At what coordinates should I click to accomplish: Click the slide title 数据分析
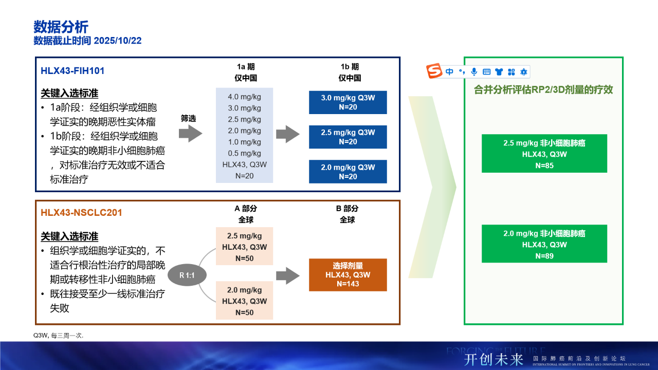[61, 27]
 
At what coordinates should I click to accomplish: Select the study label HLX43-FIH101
[72, 71]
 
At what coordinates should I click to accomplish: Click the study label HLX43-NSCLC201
[81, 213]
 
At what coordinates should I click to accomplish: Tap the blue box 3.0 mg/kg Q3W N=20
[348, 102]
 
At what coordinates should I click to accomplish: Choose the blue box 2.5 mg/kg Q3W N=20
[348, 137]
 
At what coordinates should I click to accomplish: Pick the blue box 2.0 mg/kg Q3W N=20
[348, 172]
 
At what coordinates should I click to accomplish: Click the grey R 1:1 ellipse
[187, 275]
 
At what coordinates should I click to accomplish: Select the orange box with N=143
[348, 275]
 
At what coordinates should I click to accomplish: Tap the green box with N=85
[544, 154]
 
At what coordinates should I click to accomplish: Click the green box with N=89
[544, 244]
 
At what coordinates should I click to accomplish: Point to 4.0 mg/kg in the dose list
[244, 97]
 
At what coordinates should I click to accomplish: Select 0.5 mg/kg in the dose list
[244, 153]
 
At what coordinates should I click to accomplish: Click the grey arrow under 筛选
[190, 134]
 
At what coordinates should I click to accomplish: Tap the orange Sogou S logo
[434, 71]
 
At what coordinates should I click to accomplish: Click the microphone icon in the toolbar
[474, 72]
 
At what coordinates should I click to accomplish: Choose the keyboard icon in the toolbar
[486, 72]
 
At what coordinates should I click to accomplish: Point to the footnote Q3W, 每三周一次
[59, 336]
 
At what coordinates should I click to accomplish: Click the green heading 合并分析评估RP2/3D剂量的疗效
[543, 89]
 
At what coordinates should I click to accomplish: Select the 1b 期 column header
[350, 67]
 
